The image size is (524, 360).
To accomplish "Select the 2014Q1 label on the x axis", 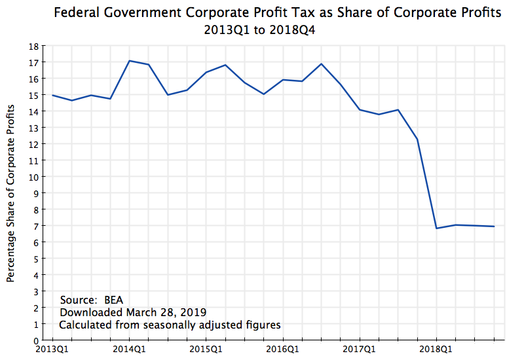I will [129, 349].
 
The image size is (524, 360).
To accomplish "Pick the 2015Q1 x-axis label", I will [206, 349].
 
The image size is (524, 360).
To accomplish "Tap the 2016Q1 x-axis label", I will [283, 349].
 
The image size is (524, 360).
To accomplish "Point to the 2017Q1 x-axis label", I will [360, 349].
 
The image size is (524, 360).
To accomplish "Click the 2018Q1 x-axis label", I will [436, 349].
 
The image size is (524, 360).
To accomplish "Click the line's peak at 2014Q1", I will [130, 61].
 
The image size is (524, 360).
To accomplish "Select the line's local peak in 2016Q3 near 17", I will [322, 64].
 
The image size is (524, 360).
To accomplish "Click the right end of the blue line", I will [495, 226].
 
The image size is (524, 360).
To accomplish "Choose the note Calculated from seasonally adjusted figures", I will [170, 325].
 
